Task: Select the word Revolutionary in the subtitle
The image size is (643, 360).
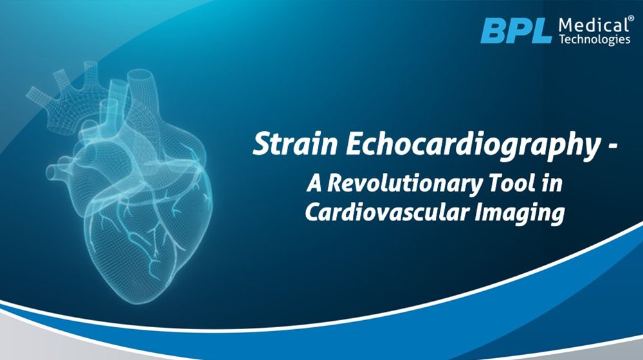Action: [404, 184]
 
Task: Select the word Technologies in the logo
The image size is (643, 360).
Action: [595, 39]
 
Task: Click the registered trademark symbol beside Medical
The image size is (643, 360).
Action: [626, 19]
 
